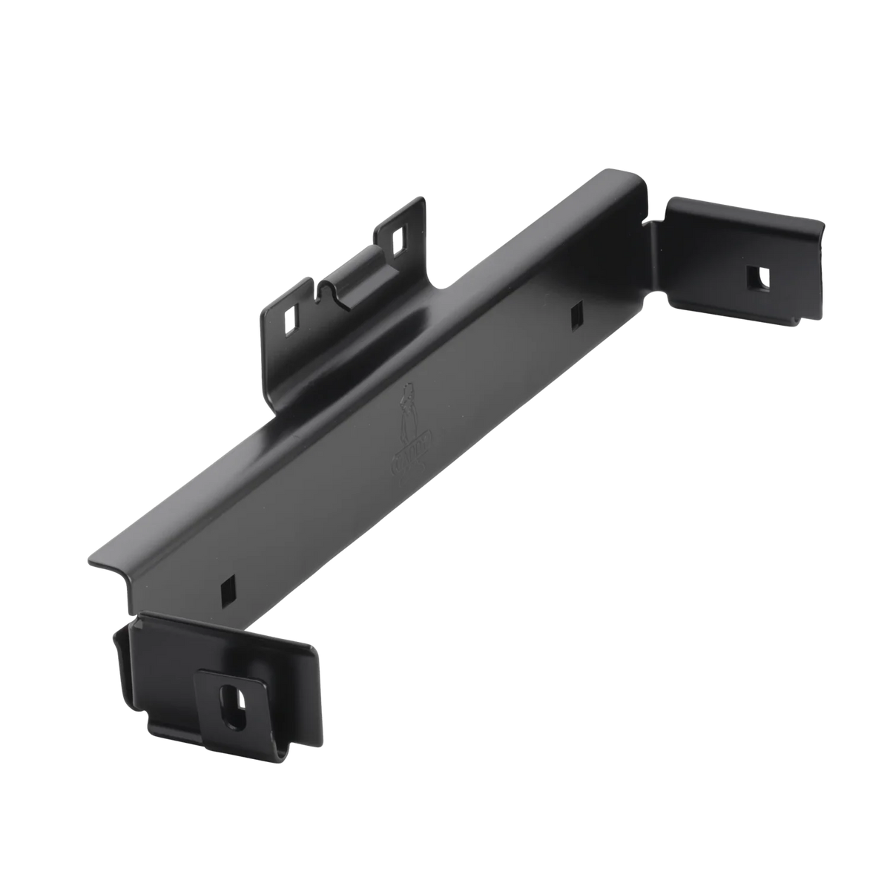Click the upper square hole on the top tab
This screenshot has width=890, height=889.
(x=398, y=239)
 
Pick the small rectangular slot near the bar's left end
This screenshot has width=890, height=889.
(x=225, y=589)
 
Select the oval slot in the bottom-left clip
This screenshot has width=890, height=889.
(x=228, y=700)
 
